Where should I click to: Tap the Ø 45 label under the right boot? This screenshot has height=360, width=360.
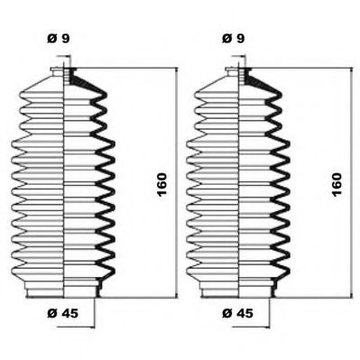click(235, 313)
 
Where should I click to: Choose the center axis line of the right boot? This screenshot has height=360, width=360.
click(240, 180)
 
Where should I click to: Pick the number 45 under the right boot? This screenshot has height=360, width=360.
click(242, 313)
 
